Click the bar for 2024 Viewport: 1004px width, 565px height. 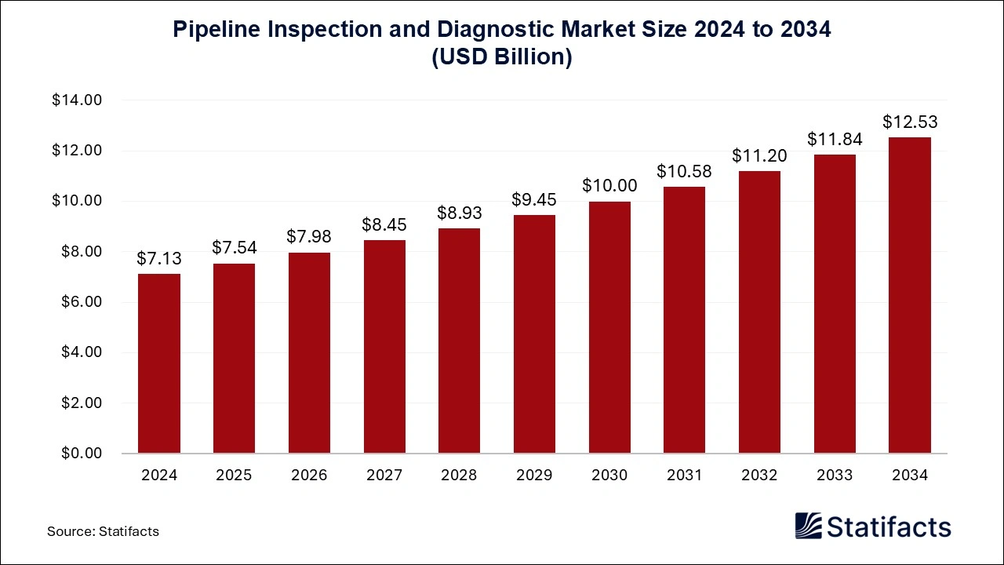(x=159, y=363)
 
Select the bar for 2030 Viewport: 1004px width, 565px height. (x=609, y=327)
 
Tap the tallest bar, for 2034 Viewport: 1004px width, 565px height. (x=910, y=295)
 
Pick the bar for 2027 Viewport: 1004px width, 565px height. (x=384, y=347)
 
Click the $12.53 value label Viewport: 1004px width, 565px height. (x=910, y=122)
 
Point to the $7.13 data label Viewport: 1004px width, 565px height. (x=159, y=258)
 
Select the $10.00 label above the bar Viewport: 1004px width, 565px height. (x=609, y=186)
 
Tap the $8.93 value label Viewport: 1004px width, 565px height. (x=460, y=213)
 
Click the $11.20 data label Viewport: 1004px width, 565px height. (x=759, y=155)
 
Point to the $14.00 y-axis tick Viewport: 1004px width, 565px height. (x=77, y=100)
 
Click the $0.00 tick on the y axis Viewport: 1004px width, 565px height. (x=81, y=454)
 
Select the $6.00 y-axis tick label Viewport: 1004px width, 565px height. (x=81, y=302)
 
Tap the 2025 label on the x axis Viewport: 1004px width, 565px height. (x=234, y=476)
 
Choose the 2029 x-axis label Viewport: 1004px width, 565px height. (x=534, y=476)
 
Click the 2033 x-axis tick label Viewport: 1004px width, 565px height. (x=835, y=476)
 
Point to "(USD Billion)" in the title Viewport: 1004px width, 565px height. (x=502, y=58)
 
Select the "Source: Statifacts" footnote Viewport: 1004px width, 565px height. (x=103, y=531)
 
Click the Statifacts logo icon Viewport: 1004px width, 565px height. (x=809, y=526)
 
